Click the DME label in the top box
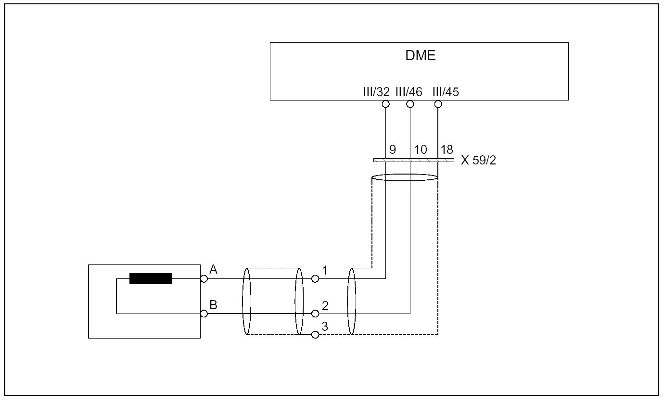421,55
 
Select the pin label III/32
376,92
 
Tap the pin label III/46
409,92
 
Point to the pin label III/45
446,92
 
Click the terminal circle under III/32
385,104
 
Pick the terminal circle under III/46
410,104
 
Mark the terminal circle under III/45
438,104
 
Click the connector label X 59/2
478,161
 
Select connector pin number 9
392,150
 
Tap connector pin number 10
420,150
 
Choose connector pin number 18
447,150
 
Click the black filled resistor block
151,278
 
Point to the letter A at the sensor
214,270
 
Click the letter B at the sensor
214,305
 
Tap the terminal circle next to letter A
204,278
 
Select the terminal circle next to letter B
204,314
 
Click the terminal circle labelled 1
315,278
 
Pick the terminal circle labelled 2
315,314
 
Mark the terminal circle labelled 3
315,335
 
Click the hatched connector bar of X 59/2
413,160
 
